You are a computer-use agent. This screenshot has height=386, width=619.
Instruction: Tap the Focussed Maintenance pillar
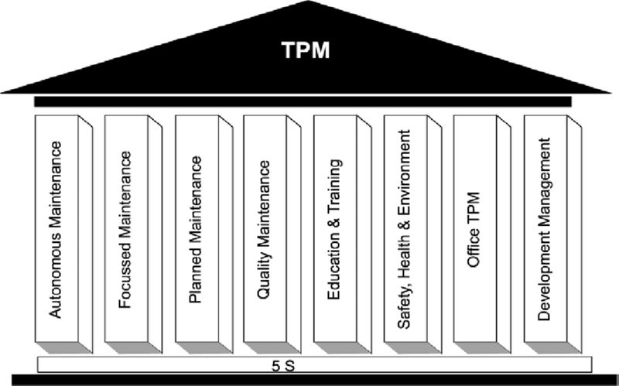[127, 229]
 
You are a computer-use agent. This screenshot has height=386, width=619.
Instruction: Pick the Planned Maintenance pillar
[197, 229]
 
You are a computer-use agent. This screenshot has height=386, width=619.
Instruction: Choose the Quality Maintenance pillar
[265, 229]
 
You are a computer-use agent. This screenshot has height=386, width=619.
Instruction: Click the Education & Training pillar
[335, 229]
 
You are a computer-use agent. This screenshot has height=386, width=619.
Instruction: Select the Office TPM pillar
[474, 229]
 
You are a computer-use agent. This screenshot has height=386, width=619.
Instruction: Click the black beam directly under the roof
[303, 101]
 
